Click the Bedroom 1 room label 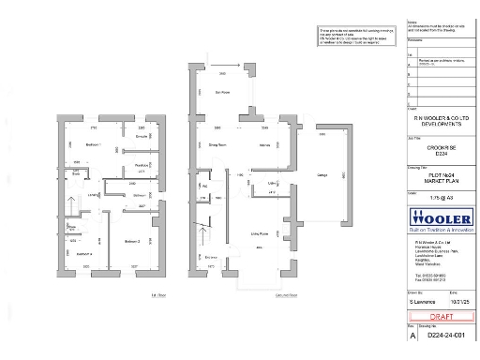pyautogui.click(x=94, y=145)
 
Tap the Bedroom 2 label pyautogui.click(x=132, y=242)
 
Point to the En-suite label pyautogui.click(x=142, y=137)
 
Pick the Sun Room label pyautogui.click(x=222, y=92)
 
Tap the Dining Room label pyautogui.click(x=218, y=145)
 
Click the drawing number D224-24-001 pyautogui.click(x=446, y=334)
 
